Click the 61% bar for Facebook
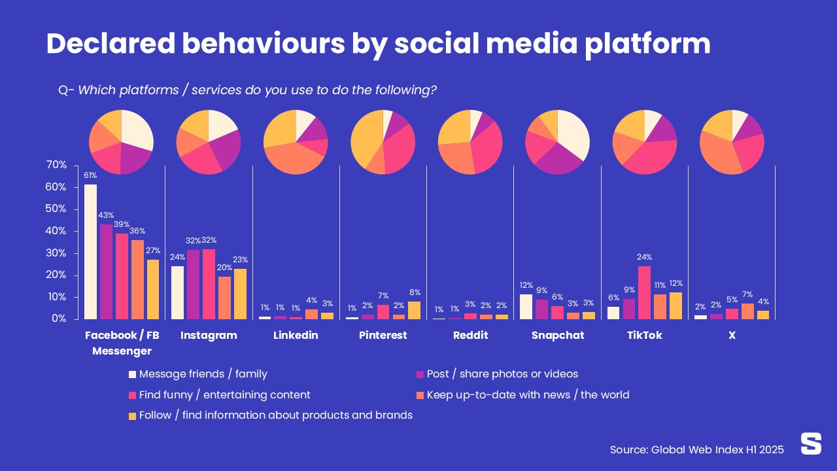(90, 252)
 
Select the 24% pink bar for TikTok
(644, 292)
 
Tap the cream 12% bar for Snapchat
(526, 307)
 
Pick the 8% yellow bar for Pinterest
(414, 310)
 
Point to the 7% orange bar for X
(747, 311)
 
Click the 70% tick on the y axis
(56, 165)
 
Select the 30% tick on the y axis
(56, 253)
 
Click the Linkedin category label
(296, 335)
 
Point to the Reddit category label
(470, 335)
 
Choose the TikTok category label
(644, 335)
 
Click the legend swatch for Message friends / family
(133, 375)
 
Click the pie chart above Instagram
(209, 143)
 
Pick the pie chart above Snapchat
(557, 143)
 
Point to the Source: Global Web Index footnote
(696, 449)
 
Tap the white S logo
(811, 444)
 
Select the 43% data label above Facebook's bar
(106, 215)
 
